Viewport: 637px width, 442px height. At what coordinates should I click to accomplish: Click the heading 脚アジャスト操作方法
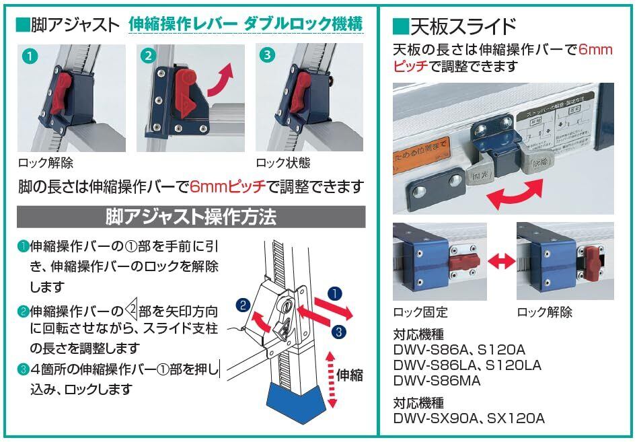coord(190,218)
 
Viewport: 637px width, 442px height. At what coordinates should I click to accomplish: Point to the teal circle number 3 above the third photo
coord(266,56)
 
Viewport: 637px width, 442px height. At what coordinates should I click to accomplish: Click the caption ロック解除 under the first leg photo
coord(46,163)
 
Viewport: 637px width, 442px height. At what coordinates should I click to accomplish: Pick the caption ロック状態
coord(283,163)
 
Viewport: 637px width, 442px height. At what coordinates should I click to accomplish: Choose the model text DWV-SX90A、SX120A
coord(469,418)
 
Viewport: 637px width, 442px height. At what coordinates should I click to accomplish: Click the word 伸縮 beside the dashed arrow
coord(349,374)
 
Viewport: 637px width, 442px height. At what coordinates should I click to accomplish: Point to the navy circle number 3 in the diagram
coord(340,331)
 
